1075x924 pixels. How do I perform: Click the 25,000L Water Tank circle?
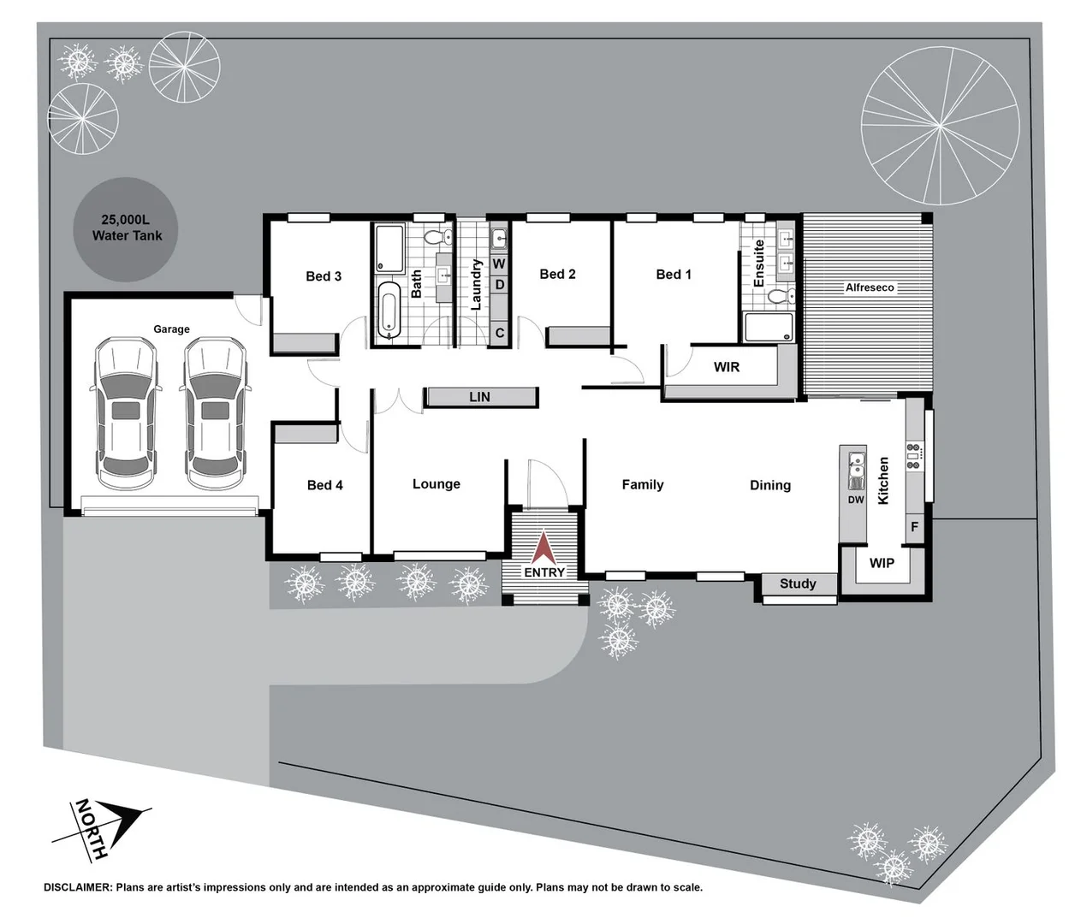point(126,228)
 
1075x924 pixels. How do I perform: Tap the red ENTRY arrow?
point(544,548)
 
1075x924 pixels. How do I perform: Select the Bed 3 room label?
point(324,276)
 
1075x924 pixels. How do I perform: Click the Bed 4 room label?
point(324,485)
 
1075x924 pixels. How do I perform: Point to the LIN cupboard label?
point(480,397)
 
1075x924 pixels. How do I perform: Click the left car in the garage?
point(126,414)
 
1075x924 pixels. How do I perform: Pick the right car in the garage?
point(215,414)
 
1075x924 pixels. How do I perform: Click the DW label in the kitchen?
point(856,500)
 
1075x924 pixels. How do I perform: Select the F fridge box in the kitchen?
point(914,527)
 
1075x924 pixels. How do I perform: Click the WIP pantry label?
point(882,563)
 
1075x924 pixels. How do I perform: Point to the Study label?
point(798,583)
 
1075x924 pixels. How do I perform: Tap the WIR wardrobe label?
point(727,367)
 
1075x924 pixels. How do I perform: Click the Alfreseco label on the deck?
point(870,287)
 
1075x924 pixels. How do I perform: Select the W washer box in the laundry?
point(499,264)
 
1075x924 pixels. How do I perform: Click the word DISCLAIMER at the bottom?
point(77,887)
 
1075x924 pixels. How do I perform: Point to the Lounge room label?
point(437,484)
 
